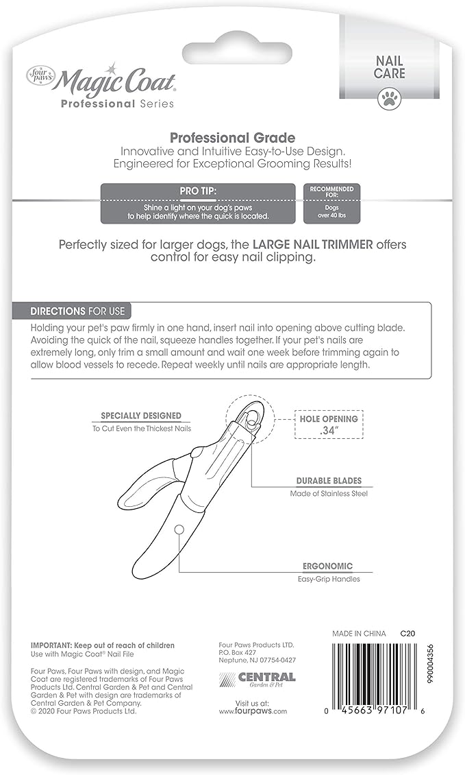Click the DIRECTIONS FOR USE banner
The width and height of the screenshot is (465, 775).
coord(77,311)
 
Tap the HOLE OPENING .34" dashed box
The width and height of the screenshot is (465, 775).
coord(329,425)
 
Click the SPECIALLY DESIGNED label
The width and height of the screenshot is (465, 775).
coord(141,416)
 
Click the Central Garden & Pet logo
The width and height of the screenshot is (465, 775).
coord(257,679)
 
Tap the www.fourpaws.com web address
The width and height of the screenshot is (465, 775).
coord(253,711)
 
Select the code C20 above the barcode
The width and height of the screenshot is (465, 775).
coord(408,633)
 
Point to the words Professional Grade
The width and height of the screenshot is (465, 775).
coord(232,138)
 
